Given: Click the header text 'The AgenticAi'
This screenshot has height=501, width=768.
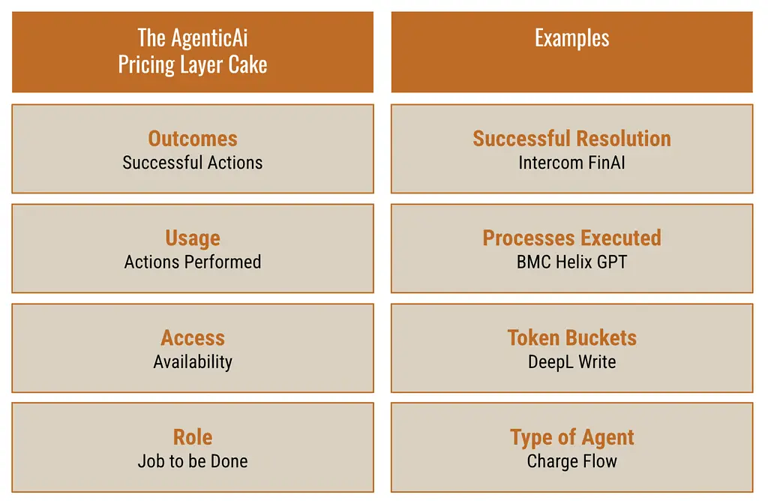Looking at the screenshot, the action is (x=193, y=37).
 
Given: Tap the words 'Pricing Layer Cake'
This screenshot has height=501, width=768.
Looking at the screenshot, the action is (x=193, y=64).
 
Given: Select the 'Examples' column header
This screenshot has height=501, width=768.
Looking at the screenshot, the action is (x=571, y=38).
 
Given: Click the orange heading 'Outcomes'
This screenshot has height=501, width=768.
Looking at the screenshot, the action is (x=193, y=139).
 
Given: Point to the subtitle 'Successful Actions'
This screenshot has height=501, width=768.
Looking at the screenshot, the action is (x=193, y=163).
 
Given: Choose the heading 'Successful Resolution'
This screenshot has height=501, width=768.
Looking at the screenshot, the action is (x=571, y=139).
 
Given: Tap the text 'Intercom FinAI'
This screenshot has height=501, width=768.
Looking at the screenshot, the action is (x=571, y=163).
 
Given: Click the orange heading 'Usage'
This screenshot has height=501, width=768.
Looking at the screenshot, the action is (x=193, y=238).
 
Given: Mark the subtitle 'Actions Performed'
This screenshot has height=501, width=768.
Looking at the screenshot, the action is (x=193, y=262).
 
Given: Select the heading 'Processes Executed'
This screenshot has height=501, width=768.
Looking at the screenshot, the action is (x=571, y=238).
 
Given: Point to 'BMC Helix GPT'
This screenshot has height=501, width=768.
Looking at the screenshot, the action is (x=571, y=262).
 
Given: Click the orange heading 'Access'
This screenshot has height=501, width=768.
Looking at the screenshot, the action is (x=193, y=338).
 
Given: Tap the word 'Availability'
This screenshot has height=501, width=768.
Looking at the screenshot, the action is (x=193, y=362).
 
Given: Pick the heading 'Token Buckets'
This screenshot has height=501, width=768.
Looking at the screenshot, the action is (x=571, y=338).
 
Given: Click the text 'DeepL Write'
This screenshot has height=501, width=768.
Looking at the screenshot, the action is (x=571, y=362).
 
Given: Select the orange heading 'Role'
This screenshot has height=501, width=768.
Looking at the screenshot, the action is (x=193, y=437).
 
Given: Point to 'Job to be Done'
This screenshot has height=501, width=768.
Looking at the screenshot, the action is (x=193, y=461).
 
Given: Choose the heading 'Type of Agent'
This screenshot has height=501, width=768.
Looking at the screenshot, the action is (x=571, y=438).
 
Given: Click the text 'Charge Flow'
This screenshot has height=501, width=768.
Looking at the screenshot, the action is (x=571, y=462).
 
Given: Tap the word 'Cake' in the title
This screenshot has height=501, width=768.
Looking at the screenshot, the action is (x=247, y=64).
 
